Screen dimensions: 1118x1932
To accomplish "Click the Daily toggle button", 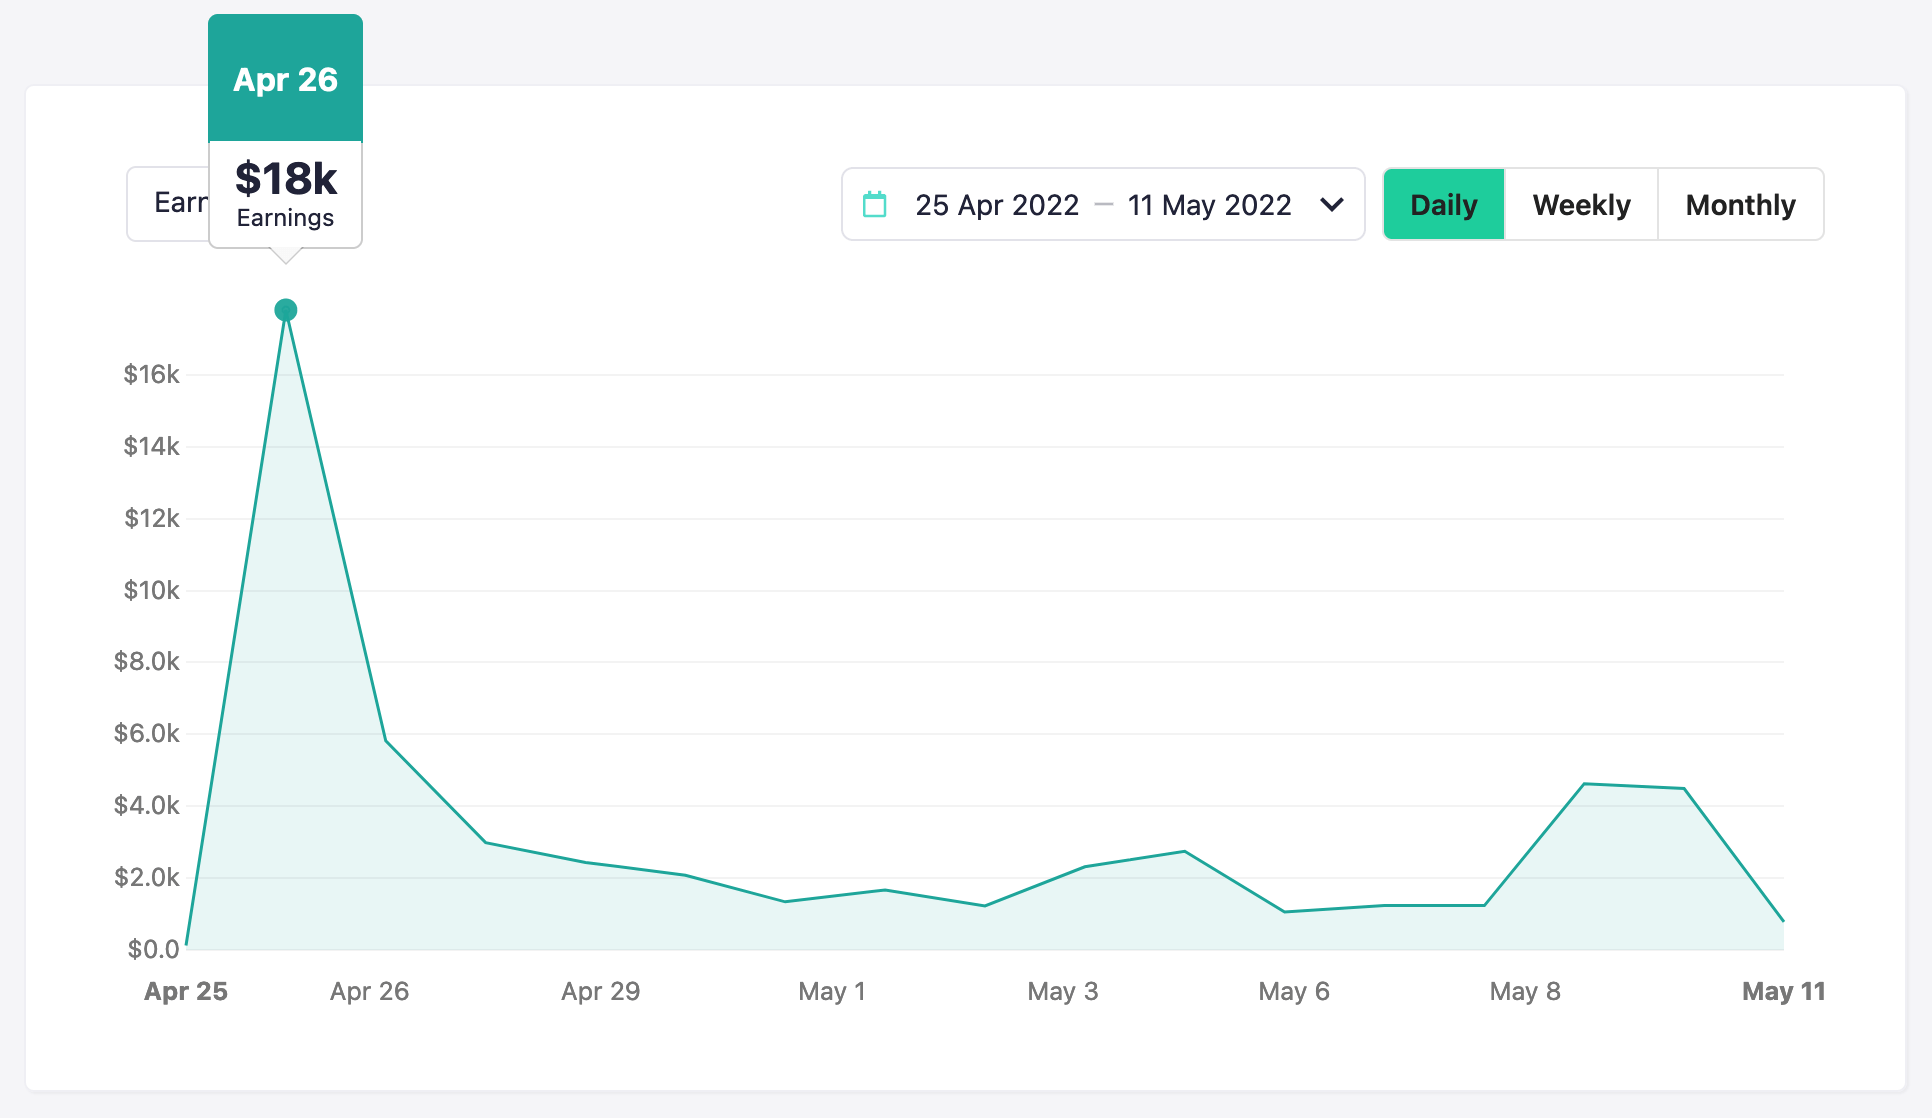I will (1443, 205).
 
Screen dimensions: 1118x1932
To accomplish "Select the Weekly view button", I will (1581, 205).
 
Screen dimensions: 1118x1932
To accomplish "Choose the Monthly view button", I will (1740, 205).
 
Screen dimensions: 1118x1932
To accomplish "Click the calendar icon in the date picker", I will (875, 205).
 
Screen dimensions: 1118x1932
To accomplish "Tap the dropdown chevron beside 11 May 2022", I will (1331, 205).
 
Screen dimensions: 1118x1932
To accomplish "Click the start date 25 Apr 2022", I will (997, 205).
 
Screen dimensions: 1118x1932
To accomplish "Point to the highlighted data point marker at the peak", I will (286, 310).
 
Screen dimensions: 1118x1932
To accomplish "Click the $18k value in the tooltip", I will (286, 179).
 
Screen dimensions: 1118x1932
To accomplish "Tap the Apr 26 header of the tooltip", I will (286, 79).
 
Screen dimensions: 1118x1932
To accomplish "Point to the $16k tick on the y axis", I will (151, 375).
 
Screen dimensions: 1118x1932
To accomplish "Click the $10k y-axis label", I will (151, 590).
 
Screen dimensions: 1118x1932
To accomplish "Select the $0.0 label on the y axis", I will (153, 949).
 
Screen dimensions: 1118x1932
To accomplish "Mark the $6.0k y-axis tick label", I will (147, 734).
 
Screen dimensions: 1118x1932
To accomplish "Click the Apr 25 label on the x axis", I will (186, 991).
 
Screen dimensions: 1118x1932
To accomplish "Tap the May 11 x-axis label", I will (1783, 991).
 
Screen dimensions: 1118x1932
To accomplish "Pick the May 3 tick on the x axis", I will (1062, 991).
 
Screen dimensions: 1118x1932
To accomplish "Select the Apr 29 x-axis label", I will (600, 991).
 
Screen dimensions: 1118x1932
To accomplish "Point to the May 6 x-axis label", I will (1293, 991).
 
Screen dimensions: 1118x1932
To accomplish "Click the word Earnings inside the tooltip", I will (285, 218).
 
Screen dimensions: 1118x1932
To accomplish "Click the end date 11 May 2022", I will (1209, 205).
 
